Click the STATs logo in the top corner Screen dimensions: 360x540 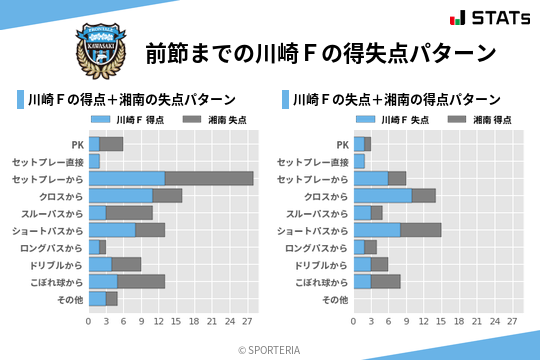click(489, 17)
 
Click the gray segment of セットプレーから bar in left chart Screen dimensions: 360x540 click(209, 178)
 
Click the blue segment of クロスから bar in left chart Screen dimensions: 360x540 click(120, 195)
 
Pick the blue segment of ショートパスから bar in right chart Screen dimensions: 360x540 click(377, 230)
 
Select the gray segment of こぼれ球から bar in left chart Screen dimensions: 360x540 click(141, 281)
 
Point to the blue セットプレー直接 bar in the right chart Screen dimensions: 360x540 click(359, 161)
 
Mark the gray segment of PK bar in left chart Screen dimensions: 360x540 click(111, 144)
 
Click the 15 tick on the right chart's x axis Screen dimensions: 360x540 click(440, 322)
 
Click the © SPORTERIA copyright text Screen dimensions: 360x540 click(270, 350)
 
